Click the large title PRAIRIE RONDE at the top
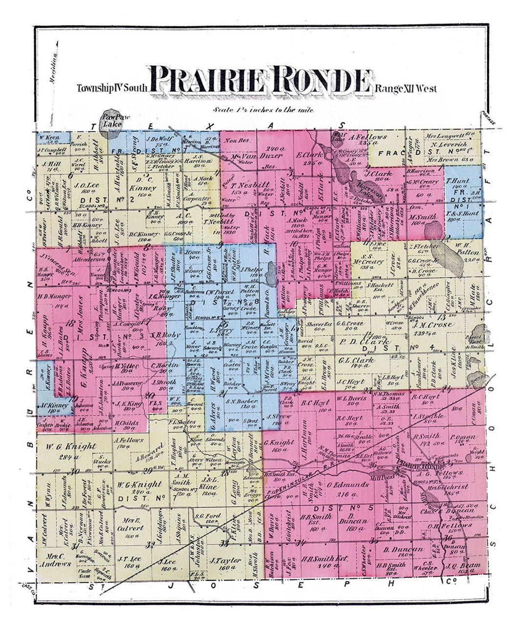click(259, 81)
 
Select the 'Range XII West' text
click(406, 89)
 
